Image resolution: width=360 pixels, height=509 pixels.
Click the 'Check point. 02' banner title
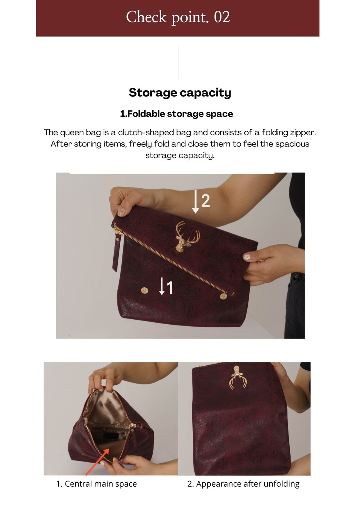[178, 17]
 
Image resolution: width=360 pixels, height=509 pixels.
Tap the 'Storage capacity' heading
[180, 93]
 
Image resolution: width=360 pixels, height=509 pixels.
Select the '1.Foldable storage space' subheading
[176, 114]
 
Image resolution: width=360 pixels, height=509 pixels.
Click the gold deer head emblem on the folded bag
[187, 237]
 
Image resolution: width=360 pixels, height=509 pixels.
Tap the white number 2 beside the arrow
[206, 201]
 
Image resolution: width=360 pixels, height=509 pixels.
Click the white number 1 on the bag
[170, 288]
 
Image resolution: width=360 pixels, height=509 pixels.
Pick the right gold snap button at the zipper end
[224, 296]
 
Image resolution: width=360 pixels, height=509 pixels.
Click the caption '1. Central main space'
[96, 484]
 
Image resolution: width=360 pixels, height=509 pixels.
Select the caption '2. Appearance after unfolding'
[243, 484]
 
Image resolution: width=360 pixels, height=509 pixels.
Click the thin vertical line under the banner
[179, 62]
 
